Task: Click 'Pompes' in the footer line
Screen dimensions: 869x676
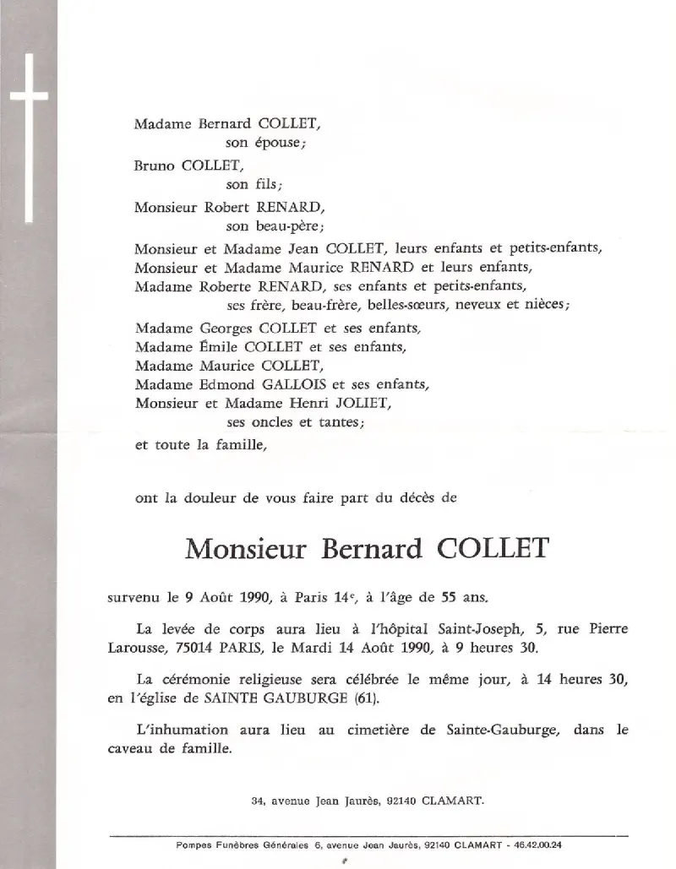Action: tap(194, 844)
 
